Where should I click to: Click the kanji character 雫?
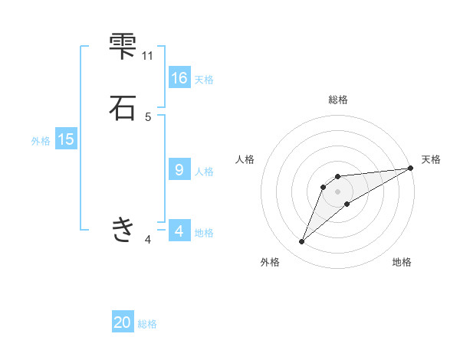pyautogui.click(x=123, y=46)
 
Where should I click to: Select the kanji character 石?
pyautogui.click(x=123, y=107)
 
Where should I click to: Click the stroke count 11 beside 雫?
pyautogui.click(x=148, y=55)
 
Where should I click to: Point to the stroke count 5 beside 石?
pyautogui.click(x=148, y=116)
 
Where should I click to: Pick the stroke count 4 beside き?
pyautogui.click(x=148, y=240)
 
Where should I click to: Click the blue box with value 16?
pyautogui.click(x=179, y=77)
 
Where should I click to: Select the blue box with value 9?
pyautogui.click(x=179, y=169)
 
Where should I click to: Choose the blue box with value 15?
pyautogui.click(x=66, y=139)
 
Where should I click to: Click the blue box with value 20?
pyautogui.click(x=123, y=322)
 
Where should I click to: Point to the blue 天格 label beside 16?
pyautogui.click(x=204, y=79)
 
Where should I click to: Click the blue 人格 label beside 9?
pyautogui.click(x=204, y=171)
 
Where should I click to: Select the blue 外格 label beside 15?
pyautogui.click(x=41, y=141)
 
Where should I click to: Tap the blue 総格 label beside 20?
pyautogui.click(x=147, y=324)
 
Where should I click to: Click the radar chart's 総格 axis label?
pyautogui.click(x=337, y=100)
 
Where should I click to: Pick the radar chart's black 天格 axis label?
pyautogui.click(x=431, y=159)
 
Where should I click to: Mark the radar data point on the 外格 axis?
pyautogui.click(x=302, y=242)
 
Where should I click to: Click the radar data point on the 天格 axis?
pyautogui.click(x=410, y=169)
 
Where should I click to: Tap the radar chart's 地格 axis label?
pyautogui.click(x=402, y=262)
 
